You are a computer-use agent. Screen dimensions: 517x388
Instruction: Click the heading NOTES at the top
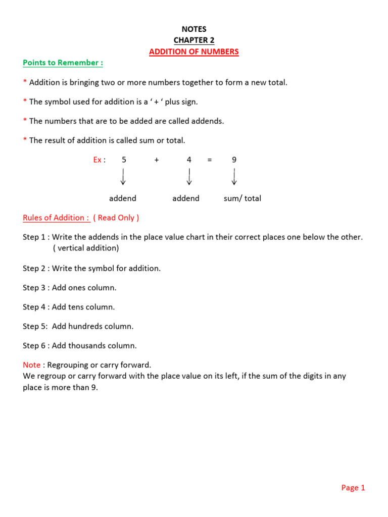click(194, 29)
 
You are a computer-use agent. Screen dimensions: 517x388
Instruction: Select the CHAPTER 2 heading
click(194, 40)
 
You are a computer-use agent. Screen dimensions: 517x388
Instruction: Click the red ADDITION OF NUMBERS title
click(194, 51)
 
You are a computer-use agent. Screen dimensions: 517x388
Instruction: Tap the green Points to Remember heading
click(63, 63)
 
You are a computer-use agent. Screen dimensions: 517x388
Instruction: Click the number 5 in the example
click(124, 160)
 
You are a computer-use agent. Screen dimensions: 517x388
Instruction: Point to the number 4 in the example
click(189, 160)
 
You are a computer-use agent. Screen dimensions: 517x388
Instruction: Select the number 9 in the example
click(234, 160)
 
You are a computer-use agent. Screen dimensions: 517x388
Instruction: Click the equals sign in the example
click(209, 160)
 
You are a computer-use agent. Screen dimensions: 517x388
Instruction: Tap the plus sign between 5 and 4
click(157, 160)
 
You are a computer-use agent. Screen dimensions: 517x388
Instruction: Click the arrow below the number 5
click(123, 177)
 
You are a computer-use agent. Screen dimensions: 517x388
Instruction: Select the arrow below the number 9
click(234, 177)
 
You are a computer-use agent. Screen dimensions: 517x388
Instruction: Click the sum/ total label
click(243, 198)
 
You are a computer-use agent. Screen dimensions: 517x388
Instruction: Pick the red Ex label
click(98, 160)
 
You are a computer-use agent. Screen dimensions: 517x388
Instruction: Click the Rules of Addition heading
click(56, 218)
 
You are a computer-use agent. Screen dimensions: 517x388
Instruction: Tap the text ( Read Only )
click(116, 218)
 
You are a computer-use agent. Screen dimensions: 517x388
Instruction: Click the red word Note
click(31, 365)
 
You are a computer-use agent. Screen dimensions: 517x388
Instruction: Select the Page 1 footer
click(353, 487)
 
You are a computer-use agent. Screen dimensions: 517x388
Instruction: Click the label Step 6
click(35, 345)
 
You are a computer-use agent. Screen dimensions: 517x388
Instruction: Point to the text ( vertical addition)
click(85, 248)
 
